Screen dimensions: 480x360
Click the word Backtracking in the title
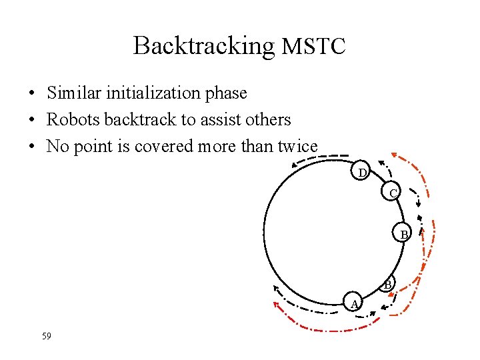pyautogui.click(x=203, y=46)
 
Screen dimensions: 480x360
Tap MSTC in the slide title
pyautogui.click(x=313, y=47)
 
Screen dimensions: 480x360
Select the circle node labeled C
pyautogui.click(x=393, y=193)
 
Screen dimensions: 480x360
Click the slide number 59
pyautogui.click(x=46, y=336)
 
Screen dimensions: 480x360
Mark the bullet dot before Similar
pyautogui.click(x=32, y=93)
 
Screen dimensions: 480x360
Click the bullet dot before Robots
pyautogui.click(x=32, y=120)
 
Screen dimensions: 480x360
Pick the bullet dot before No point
pyautogui.click(x=32, y=147)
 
